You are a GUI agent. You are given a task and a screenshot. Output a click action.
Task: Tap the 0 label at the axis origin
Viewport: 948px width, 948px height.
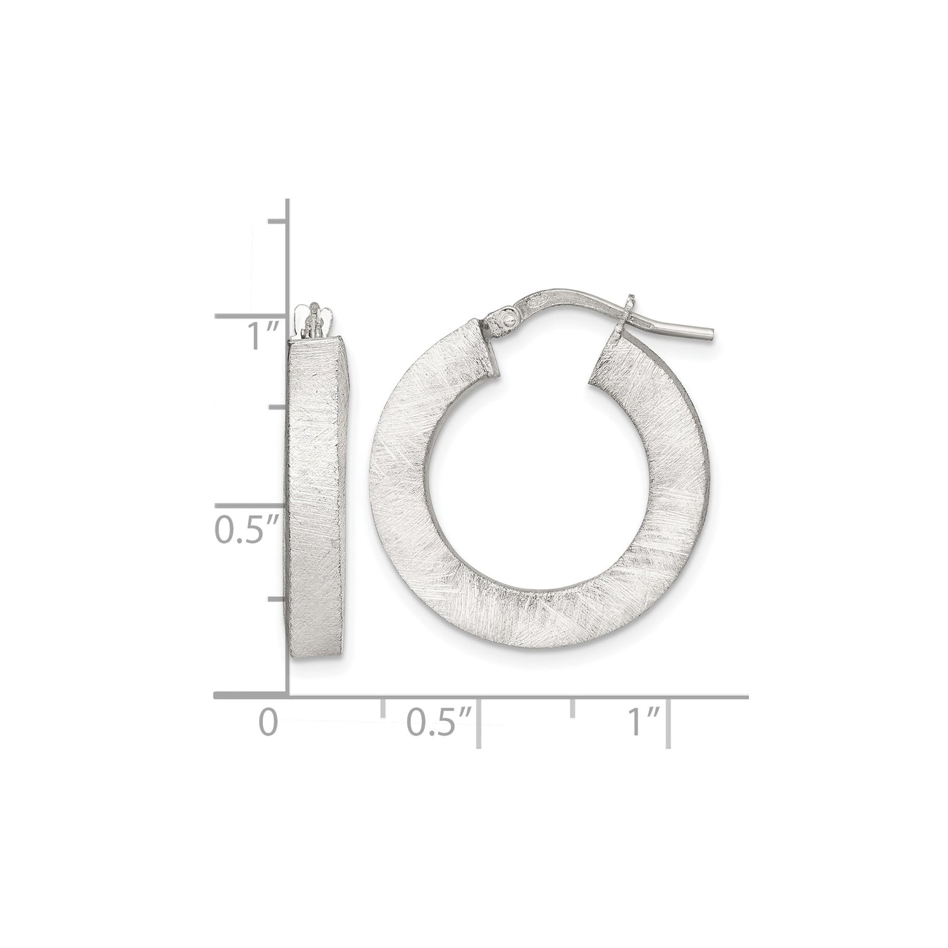[x=269, y=722]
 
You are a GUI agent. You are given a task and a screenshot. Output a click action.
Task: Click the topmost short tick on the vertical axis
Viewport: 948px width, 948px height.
[x=278, y=221]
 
